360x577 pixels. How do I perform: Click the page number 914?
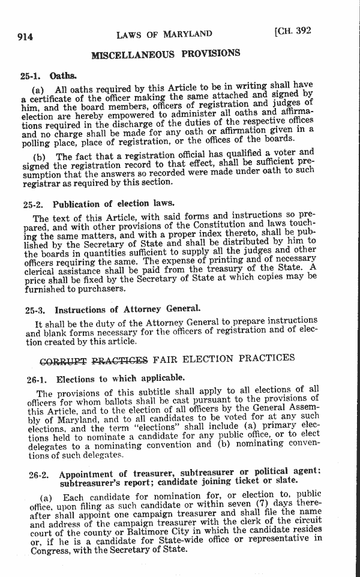point(25,37)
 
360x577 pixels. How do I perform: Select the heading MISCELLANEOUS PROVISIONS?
point(166,55)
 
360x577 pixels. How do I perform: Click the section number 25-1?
point(30,77)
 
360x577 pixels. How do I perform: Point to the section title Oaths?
point(63,76)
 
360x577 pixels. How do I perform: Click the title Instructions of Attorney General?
point(127,309)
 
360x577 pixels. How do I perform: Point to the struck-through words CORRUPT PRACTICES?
point(93,361)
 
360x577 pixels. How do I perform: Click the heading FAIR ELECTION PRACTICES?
point(224,359)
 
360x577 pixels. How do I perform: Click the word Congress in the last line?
point(51,549)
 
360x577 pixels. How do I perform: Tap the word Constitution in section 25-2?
point(211,225)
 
